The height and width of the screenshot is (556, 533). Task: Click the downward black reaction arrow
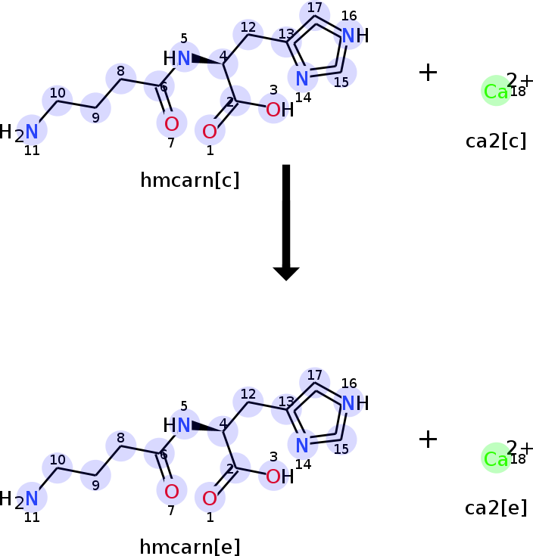pos(286,222)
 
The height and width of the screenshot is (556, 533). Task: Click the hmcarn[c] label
pos(190,180)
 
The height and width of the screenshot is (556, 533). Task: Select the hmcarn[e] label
pos(190,546)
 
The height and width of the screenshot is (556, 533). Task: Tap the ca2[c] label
pos(496,141)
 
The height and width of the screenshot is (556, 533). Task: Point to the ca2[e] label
pos(496,508)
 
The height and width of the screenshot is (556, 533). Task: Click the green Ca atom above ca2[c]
pos(496,91)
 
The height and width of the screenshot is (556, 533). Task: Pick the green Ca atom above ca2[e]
pos(496,458)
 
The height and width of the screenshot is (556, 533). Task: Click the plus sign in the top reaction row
pos(428,73)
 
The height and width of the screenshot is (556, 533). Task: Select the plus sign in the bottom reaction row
pos(428,440)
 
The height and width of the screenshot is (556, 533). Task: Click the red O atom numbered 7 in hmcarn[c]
pos(172,123)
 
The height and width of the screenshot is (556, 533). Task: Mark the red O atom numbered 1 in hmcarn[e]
pos(210,499)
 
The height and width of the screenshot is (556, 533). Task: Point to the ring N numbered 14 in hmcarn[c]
pos(302,78)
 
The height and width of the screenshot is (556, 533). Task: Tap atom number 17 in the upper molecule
pos(314,13)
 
